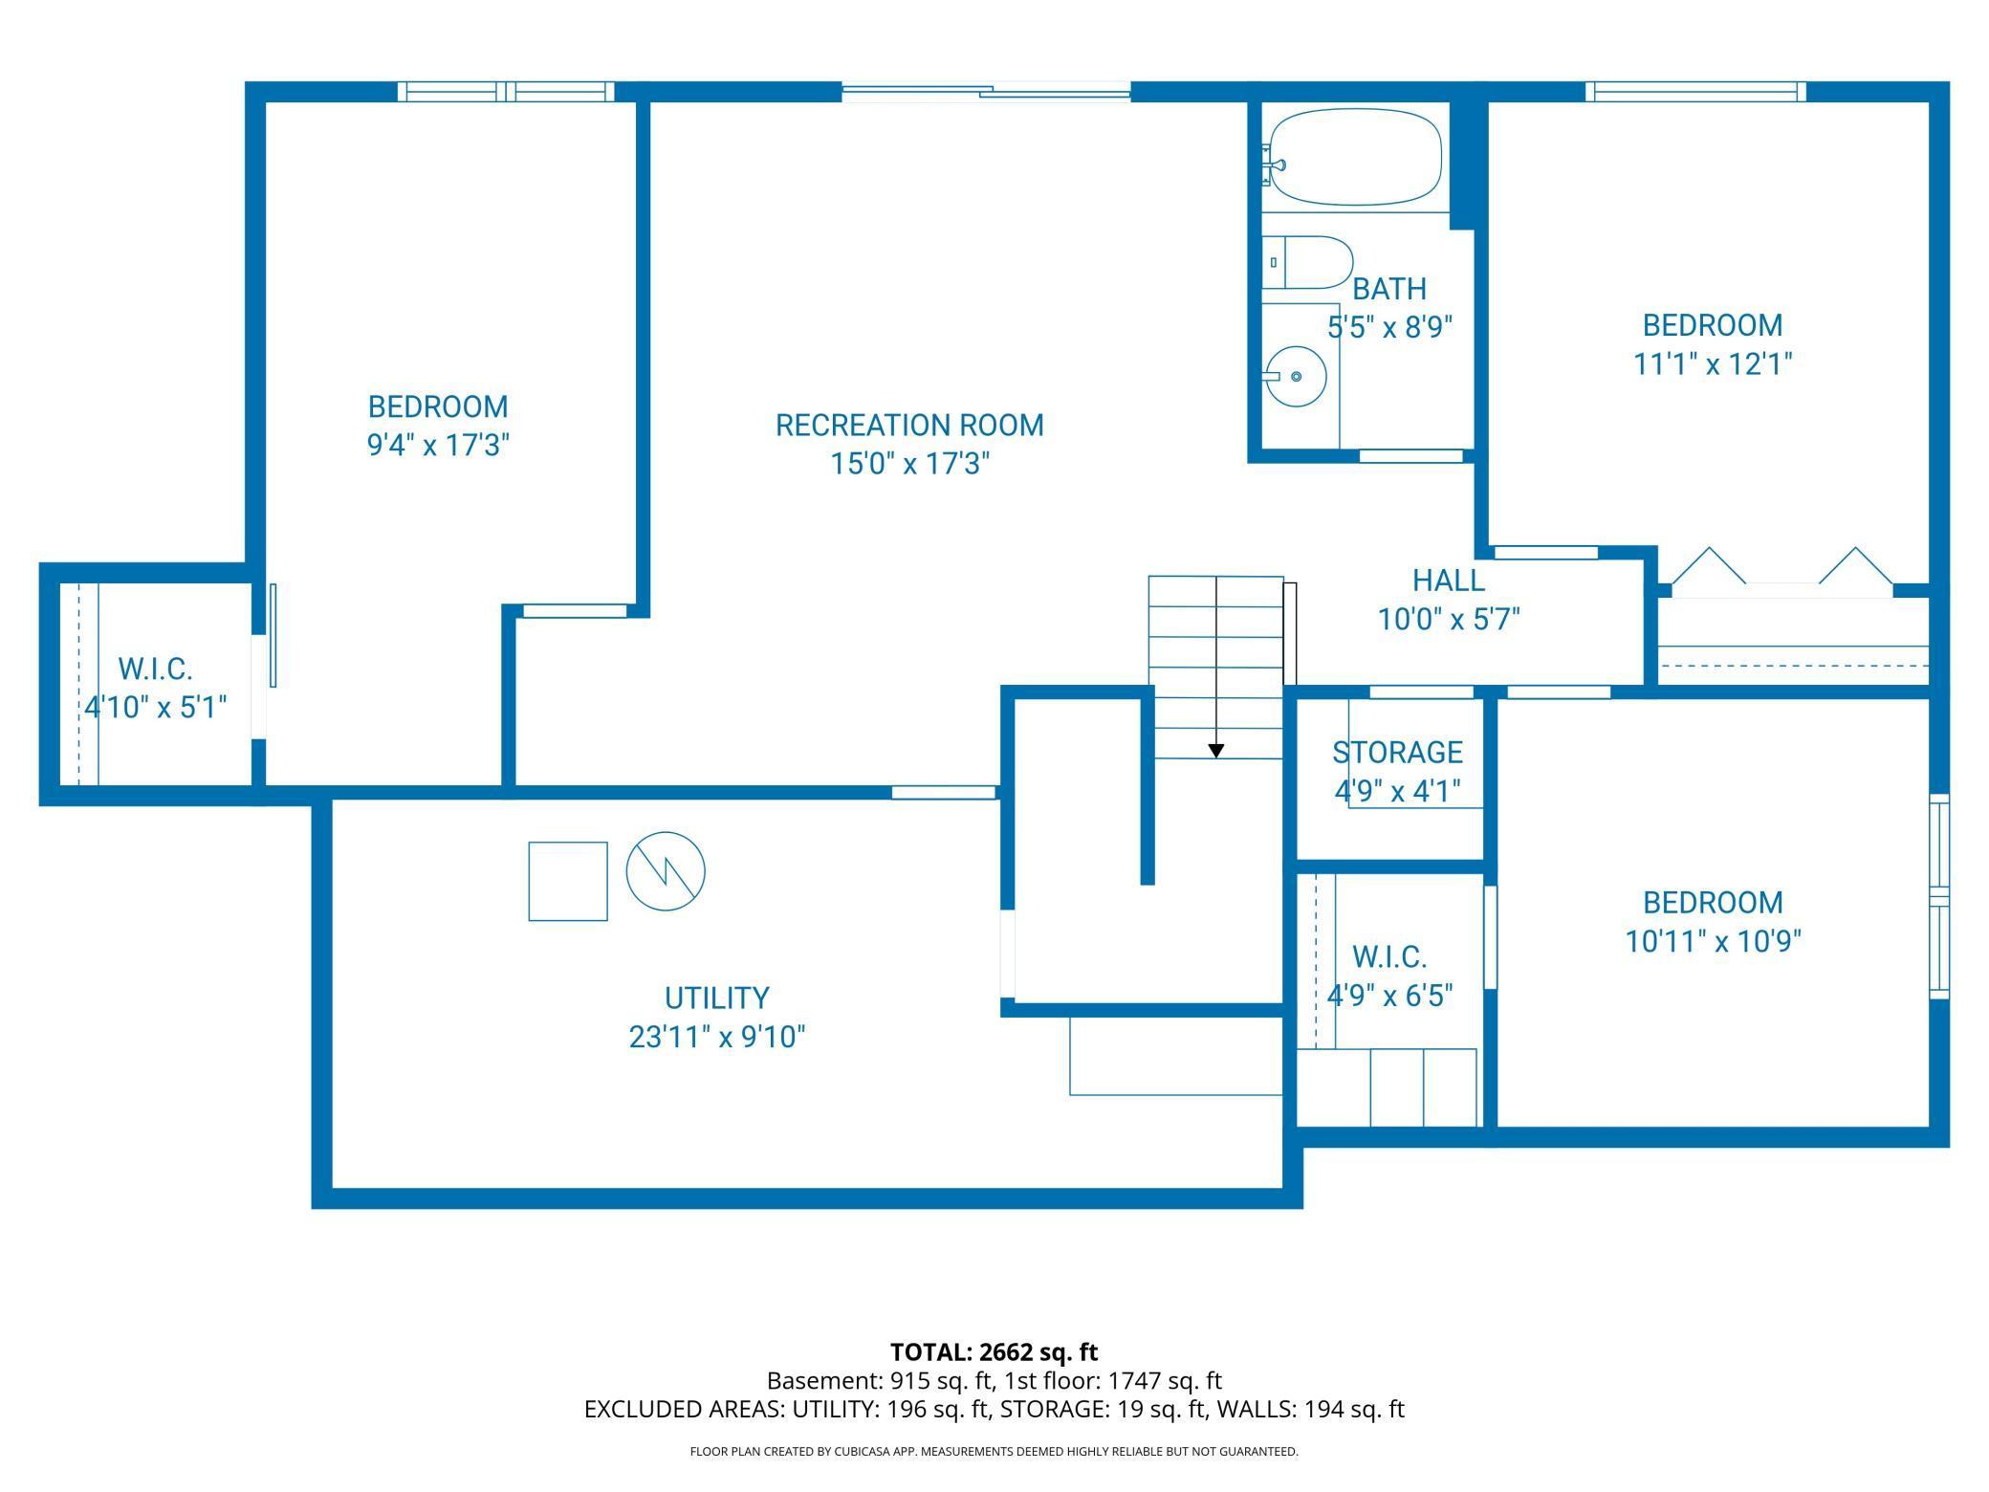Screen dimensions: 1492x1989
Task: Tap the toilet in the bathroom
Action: pyautogui.click(x=1315, y=262)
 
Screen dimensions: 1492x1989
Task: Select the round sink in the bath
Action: pyautogui.click(x=1296, y=377)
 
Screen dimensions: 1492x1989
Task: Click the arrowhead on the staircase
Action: pyautogui.click(x=1215, y=751)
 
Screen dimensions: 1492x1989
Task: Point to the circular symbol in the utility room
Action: pyautogui.click(x=666, y=871)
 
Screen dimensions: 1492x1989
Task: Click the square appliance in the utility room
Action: pyautogui.click(x=568, y=881)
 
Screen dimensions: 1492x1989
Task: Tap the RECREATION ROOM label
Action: pyautogui.click(x=908, y=425)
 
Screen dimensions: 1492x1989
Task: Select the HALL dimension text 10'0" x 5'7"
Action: pyautogui.click(x=1449, y=620)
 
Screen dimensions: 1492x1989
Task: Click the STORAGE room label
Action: pyautogui.click(x=1397, y=753)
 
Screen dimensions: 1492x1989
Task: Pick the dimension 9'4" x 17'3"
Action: pyautogui.click(x=437, y=446)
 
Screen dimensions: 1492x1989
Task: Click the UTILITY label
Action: pyautogui.click(x=716, y=998)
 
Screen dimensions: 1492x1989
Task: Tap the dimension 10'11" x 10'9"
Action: pyautogui.click(x=1713, y=942)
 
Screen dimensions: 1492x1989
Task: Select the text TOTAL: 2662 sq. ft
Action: pyautogui.click(x=994, y=1352)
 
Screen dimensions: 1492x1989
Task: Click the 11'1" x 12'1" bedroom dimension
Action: pyautogui.click(x=1712, y=364)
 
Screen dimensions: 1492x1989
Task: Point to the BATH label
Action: pyautogui.click(x=1389, y=289)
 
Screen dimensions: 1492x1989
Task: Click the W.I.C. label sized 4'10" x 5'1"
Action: pyautogui.click(x=155, y=668)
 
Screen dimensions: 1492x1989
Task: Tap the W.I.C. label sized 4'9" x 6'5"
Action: pyautogui.click(x=1389, y=956)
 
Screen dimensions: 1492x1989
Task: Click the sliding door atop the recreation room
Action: pyautogui.click(x=986, y=92)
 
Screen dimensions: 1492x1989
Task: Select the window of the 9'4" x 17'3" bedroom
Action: pyautogui.click(x=506, y=92)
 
